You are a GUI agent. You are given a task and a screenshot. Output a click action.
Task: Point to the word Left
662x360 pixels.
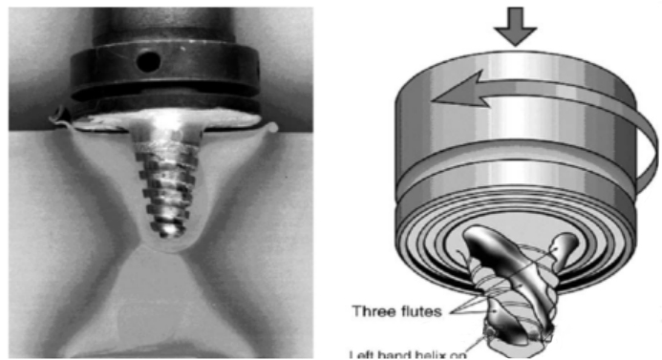tap(364, 353)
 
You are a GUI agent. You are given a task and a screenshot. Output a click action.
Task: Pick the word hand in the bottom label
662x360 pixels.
tap(398, 353)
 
